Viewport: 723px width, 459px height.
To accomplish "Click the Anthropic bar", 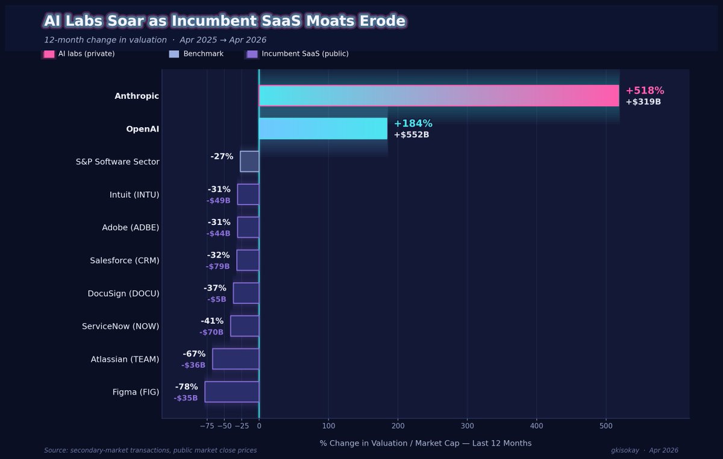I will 439,96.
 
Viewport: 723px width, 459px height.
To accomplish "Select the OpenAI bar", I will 323,128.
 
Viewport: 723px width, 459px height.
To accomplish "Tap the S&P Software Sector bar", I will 249,162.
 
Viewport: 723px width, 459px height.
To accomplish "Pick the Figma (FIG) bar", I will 232,391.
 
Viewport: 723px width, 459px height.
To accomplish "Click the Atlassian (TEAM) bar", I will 236,359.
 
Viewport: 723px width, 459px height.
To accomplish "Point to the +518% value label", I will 645,90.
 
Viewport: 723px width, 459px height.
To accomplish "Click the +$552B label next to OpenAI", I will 412,135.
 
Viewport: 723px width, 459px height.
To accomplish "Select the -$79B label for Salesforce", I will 218,267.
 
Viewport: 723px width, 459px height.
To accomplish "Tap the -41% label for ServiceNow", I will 212,321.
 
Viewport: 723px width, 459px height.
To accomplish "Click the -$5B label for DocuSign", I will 217,299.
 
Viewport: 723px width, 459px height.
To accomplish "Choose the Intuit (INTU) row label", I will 134,195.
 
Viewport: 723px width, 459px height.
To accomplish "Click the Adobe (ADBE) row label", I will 131,227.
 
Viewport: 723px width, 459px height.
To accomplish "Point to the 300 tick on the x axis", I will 467,426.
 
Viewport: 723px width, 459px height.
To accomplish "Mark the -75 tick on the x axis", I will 207,426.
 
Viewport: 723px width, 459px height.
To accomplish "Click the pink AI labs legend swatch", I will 49,54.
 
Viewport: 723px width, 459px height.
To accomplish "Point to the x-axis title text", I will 425,443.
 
